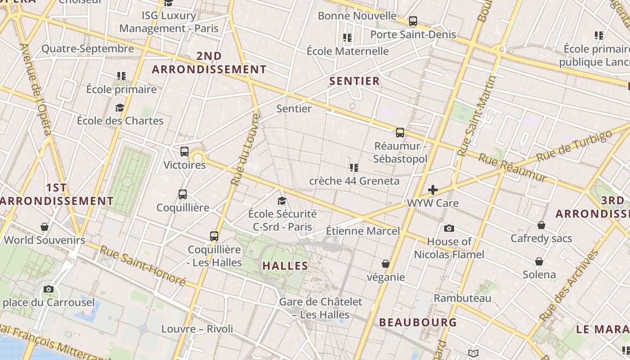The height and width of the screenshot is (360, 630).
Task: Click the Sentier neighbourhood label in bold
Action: point(355,81)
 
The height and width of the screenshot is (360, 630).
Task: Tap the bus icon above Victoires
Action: point(184,152)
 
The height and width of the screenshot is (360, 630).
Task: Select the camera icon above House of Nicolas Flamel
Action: point(449,229)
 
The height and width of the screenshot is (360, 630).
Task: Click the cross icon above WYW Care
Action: point(432,190)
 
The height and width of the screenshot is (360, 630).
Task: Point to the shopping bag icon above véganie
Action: point(386,264)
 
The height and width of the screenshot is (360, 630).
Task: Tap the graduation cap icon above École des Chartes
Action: point(120,108)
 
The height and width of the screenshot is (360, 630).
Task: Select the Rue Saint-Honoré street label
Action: point(142,265)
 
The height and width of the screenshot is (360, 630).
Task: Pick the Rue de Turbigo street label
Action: point(574,145)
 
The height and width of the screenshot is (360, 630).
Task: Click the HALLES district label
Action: point(285,266)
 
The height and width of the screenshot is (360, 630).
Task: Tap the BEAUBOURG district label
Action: point(418,322)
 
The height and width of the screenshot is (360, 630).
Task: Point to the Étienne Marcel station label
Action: point(363,231)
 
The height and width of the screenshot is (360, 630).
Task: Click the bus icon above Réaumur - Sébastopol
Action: point(400,133)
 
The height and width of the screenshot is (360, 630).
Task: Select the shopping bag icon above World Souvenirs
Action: point(44,227)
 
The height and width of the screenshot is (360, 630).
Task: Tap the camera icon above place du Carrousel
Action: point(49,289)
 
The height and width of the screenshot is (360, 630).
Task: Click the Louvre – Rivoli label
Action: point(197,329)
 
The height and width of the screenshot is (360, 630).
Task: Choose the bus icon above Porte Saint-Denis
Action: point(413,21)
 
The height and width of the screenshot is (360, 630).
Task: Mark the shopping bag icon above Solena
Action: point(539,261)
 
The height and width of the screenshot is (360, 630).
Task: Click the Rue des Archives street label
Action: point(569,286)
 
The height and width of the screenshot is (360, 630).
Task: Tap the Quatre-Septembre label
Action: point(88,49)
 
